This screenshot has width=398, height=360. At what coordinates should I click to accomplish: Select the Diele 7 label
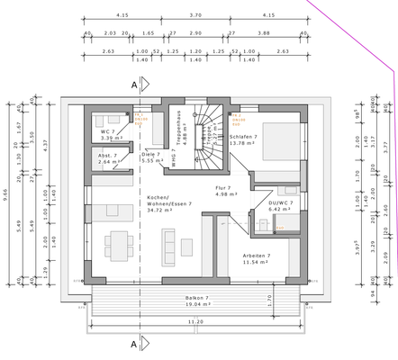(x=150, y=154)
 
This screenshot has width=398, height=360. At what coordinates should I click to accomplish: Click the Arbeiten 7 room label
(x=258, y=255)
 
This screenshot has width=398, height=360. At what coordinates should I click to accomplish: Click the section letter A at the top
(x=135, y=85)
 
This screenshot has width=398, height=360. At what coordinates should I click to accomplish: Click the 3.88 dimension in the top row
(x=264, y=33)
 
